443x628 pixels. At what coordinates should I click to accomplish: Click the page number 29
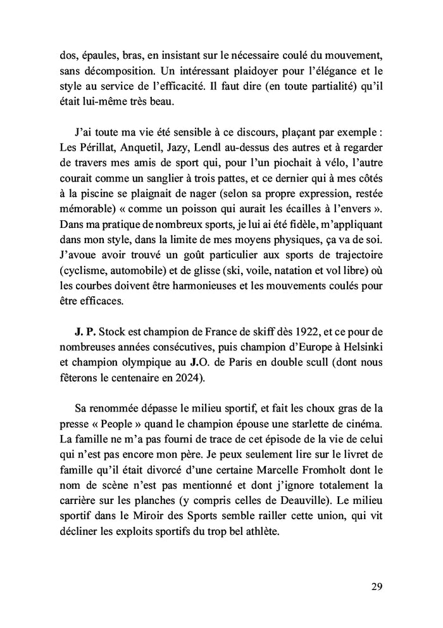tap(377, 586)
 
